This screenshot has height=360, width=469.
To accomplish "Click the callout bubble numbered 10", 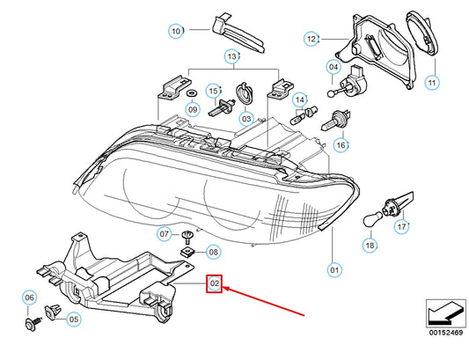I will coord(176,31).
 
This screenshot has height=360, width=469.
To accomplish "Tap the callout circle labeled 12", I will coord(311,39).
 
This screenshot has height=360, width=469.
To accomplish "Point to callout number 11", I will coord(431,83).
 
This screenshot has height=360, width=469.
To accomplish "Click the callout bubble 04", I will coord(334,67).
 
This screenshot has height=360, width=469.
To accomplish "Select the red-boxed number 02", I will coord(214,284).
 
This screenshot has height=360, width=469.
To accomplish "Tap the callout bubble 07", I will coord(165,234).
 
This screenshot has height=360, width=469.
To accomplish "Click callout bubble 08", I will coord(214,252).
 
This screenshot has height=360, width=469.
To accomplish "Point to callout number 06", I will coord(29,298).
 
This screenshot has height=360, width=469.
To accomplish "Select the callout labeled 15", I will coord(213,90).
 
